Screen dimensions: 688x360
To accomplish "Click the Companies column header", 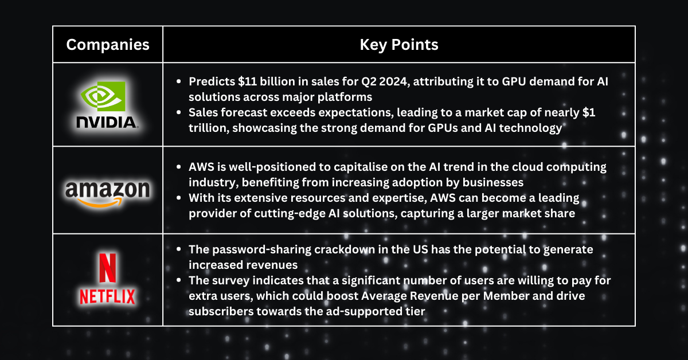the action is coord(108,45).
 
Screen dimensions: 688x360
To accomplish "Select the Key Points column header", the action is coord(399,45).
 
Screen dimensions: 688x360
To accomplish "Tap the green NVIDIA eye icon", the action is coord(103,96).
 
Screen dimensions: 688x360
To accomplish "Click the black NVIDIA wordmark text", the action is coord(106,122).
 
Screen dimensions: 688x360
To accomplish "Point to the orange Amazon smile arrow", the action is coord(100,202).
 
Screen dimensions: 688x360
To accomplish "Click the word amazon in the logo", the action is coord(108,189).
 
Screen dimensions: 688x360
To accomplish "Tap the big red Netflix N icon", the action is coord(108,268).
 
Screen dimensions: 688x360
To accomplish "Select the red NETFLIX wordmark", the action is coord(107,296).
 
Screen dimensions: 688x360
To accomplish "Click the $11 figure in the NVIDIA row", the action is coord(247,82).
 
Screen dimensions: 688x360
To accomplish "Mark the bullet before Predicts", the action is coord(179,81).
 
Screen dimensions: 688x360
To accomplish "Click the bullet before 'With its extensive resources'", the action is coord(179,198).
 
